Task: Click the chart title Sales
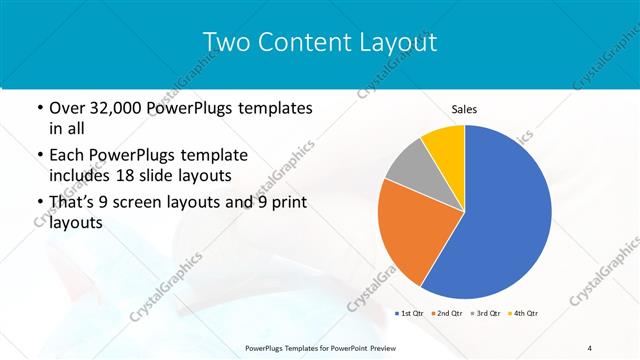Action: pyautogui.click(x=464, y=107)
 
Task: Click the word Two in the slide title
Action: pyautogui.click(x=227, y=42)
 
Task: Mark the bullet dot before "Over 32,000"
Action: pyautogui.click(x=39, y=108)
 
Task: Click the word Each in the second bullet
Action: pyautogui.click(x=67, y=155)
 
